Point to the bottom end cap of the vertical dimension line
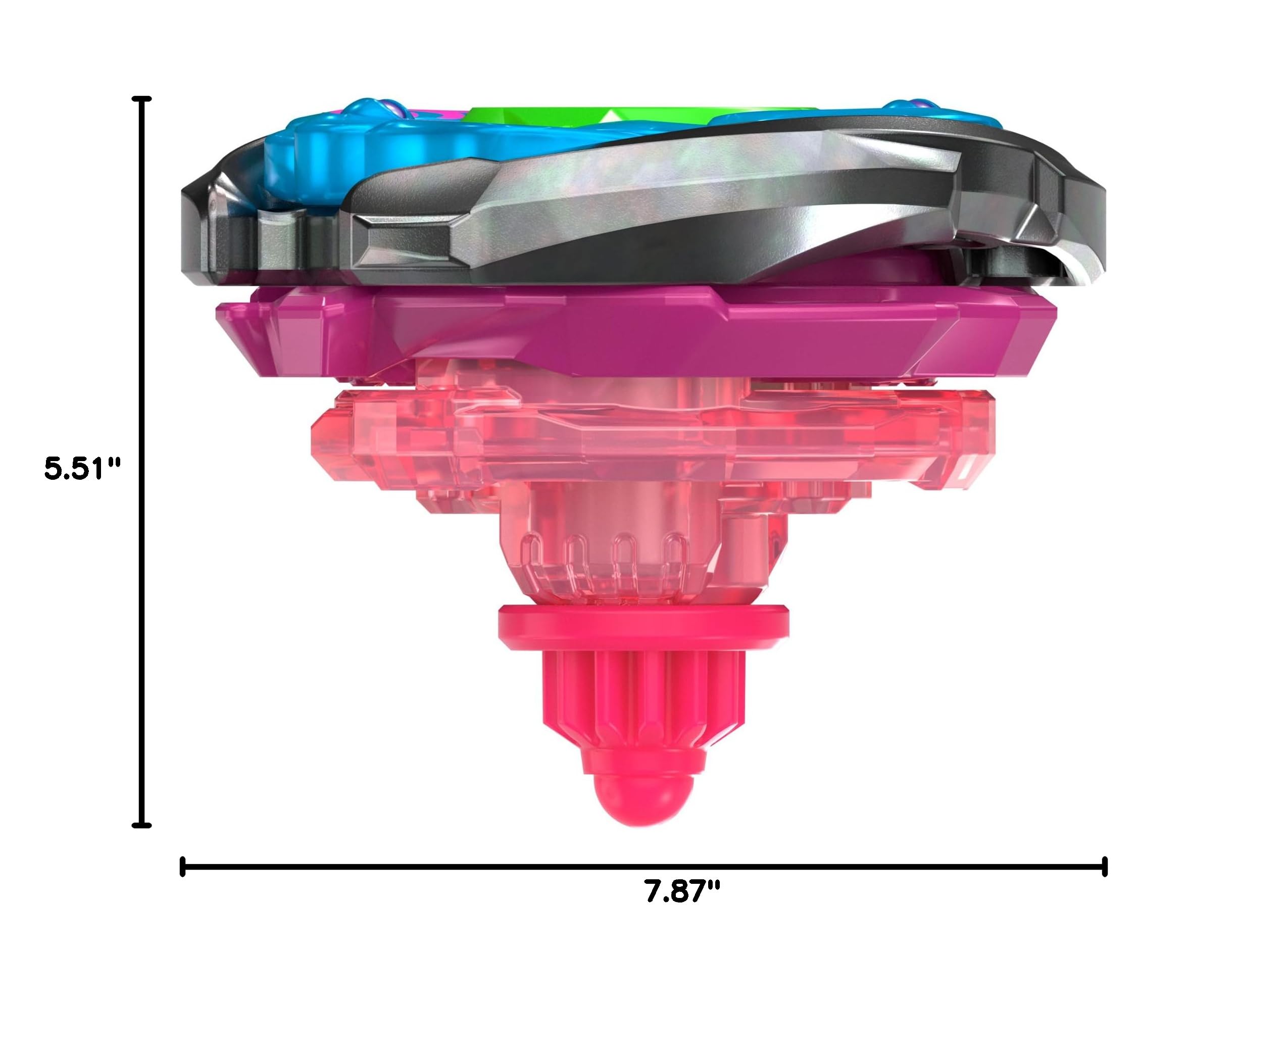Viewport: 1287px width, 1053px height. [141, 825]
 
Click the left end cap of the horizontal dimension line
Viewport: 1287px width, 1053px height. [182, 866]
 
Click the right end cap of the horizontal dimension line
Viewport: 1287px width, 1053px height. [1105, 866]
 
